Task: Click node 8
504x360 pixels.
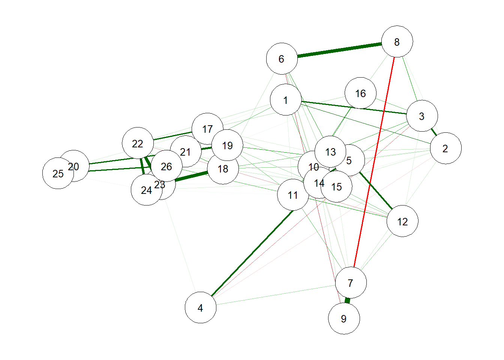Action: [397, 42]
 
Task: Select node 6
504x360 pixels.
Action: [282, 58]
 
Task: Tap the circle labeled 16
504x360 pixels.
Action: [360, 93]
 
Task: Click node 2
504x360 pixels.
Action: [445, 148]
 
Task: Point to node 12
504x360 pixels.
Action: [402, 221]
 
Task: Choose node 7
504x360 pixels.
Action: [351, 282]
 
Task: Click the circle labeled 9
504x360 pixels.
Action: [344, 318]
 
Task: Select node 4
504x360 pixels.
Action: [201, 307]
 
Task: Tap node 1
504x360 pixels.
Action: [286, 100]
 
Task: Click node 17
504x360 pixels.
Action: [207, 128]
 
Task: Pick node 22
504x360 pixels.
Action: [138, 143]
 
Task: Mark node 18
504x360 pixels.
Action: [223, 169]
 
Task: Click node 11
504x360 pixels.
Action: [293, 195]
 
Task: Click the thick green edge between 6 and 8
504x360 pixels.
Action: [339, 50]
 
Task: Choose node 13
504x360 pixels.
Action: [330, 151]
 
